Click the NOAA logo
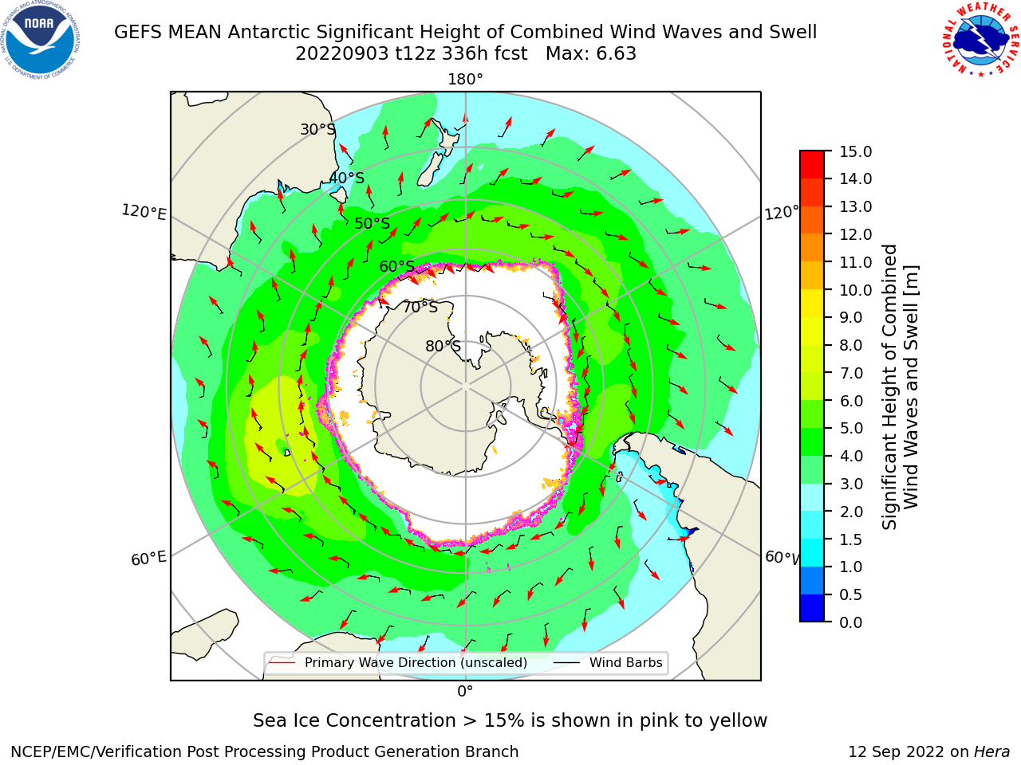(41, 41)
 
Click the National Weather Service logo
(981, 40)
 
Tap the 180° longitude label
(465, 80)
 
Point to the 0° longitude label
(465, 692)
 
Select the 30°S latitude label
(317, 129)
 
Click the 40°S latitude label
(346, 178)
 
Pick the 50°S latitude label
(373, 223)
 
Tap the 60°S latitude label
(396, 266)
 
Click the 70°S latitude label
(420, 307)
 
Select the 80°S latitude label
(443, 346)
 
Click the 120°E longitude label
(144, 212)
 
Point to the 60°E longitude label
(148, 559)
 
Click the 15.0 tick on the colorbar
(855, 151)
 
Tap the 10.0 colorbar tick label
(855, 290)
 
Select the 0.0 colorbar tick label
(851, 622)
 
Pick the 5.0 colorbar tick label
(851, 428)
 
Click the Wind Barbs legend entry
(608, 662)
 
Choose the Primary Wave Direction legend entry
(398, 662)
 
